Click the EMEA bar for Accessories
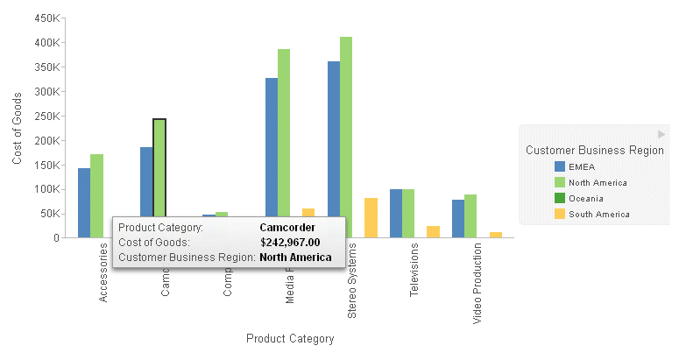84,202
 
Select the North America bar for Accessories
96,195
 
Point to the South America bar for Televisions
433,231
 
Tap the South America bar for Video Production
496,235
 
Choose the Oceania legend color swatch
559,198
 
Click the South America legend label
598,214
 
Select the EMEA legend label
581,166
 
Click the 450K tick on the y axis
47,18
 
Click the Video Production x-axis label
477,290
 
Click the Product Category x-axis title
290,338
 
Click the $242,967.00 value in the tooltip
290,243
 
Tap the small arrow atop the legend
661,134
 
